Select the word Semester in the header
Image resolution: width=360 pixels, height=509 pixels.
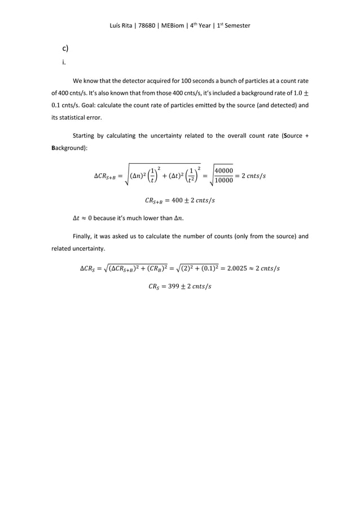pos(237,27)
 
